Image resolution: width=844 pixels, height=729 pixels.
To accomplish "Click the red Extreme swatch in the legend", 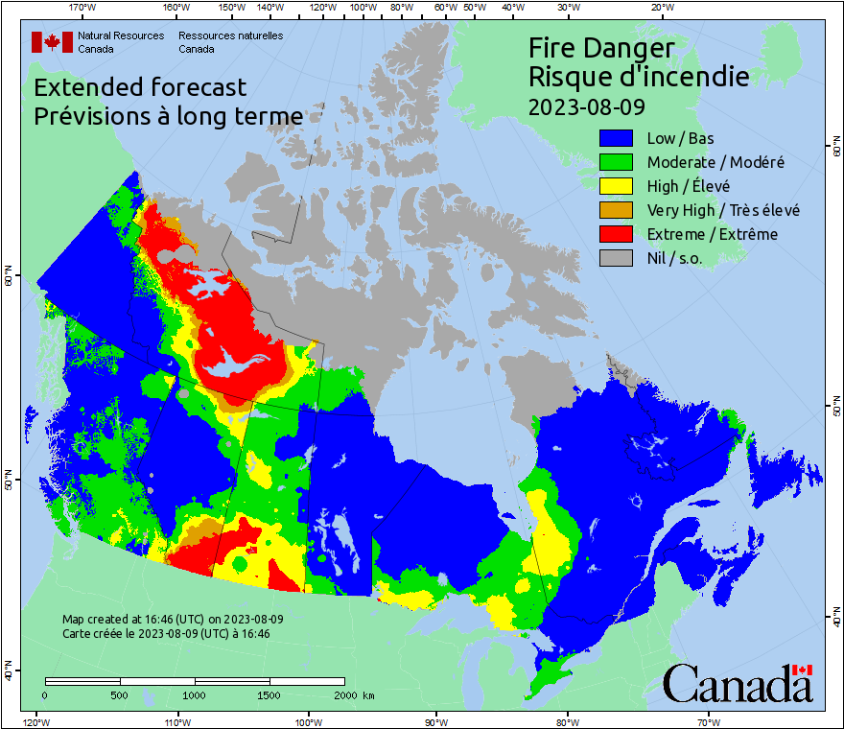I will pyautogui.click(x=619, y=234).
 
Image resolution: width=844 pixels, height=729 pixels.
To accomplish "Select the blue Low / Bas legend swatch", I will pyautogui.click(x=619, y=138).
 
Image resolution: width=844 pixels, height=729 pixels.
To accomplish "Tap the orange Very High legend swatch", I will pyautogui.click(x=619, y=210).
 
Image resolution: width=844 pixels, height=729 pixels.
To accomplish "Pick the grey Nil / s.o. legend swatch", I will pyautogui.click(x=619, y=258).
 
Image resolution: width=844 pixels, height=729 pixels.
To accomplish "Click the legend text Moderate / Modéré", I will pyautogui.click(x=715, y=162).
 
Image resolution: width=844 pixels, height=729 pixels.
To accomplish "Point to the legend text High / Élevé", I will pyautogui.click(x=688, y=186).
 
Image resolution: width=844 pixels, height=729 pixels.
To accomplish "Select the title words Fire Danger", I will pyautogui.click(x=601, y=48).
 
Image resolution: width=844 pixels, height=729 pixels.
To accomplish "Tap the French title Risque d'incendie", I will pyautogui.click(x=639, y=76).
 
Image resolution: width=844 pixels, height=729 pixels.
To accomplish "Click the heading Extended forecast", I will pyautogui.click(x=140, y=87).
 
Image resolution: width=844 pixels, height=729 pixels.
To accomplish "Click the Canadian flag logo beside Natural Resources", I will pyautogui.click(x=52, y=42).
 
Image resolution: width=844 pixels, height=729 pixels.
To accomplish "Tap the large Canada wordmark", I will pyautogui.click(x=738, y=683).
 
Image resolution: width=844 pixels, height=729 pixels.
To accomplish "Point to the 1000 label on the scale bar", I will pyautogui.click(x=195, y=694).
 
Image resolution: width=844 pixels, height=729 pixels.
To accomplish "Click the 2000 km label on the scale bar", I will pyautogui.click(x=353, y=694).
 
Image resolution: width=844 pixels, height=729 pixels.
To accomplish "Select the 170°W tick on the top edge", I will pyautogui.click(x=82, y=8).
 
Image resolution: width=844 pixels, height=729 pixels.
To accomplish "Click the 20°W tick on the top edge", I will pyautogui.click(x=660, y=8).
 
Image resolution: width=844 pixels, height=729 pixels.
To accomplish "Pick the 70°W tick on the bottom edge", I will pyautogui.click(x=708, y=721).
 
